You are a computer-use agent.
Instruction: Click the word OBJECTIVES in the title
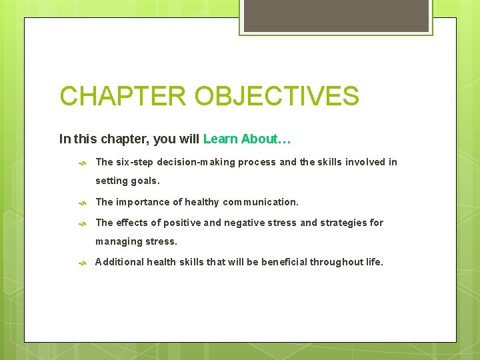click(277, 96)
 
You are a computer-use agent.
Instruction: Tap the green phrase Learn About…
click(247, 139)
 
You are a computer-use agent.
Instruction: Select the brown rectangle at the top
click(336, 15)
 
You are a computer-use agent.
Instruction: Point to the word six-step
click(135, 162)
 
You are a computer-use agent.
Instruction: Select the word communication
click(260, 202)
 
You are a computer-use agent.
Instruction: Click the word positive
click(183, 223)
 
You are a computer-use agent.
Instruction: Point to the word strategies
click(342, 223)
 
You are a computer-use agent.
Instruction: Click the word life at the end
click(374, 262)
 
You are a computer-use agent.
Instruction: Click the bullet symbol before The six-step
click(82, 163)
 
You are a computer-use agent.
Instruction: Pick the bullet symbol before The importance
click(82, 203)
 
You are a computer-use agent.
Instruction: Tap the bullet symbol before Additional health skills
click(82, 263)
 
